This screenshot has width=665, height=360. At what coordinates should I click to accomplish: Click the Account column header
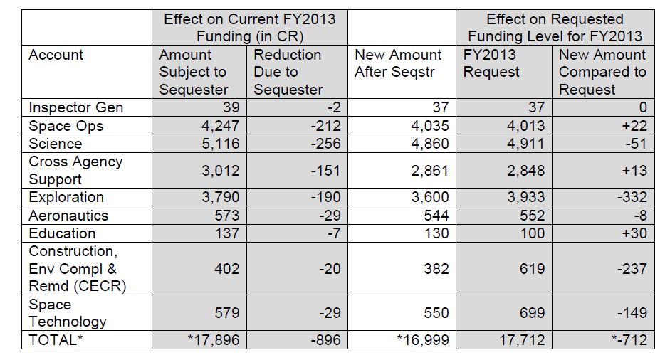coord(56,55)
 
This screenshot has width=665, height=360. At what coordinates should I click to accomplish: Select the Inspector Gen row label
coord(76,107)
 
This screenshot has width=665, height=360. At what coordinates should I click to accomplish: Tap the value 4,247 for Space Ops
coord(220,125)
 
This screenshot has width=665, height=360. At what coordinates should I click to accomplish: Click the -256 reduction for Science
coord(325,143)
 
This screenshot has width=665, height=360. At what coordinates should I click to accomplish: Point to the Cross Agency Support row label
coord(75,170)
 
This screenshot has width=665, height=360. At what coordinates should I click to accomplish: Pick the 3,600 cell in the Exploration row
coord(429,197)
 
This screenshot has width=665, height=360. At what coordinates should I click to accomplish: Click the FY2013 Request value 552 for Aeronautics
coord(533,215)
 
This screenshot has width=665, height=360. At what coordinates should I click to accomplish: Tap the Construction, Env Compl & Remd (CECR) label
coord(77,268)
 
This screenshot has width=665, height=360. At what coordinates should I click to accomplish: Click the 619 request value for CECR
coord(533,268)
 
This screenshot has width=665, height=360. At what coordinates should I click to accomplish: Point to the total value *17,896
coord(214,339)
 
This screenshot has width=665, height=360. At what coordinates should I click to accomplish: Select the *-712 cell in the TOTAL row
coord(629,339)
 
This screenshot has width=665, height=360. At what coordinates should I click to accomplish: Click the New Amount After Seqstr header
coord(398,63)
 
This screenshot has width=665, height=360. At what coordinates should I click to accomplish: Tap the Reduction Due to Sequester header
coord(288,72)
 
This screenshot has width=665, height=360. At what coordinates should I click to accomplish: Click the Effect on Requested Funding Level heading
coord(555,28)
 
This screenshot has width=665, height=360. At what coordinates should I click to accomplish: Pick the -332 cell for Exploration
coord(632,197)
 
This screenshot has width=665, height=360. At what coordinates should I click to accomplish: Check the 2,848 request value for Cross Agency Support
coord(526,170)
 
